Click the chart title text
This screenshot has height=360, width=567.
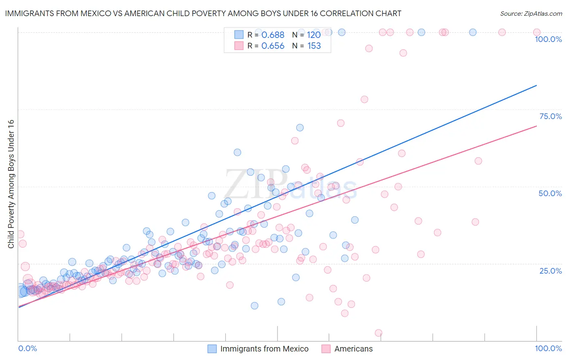(x=203, y=13)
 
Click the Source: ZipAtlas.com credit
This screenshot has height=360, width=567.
(x=531, y=13)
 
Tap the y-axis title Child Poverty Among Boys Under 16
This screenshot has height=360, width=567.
(x=11, y=184)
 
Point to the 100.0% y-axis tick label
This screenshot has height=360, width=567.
(x=548, y=39)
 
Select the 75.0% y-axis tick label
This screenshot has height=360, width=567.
(x=550, y=116)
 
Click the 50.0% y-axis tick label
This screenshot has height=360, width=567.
(x=550, y=193)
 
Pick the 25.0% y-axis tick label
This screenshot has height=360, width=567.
(x=550, y=271)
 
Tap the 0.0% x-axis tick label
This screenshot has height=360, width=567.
(x=27, y=348)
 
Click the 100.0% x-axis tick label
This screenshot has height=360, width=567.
(x=548, y=348)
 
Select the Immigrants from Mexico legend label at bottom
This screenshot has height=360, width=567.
(x=264, y=349)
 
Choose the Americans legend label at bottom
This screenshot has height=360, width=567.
(x=353, y=349)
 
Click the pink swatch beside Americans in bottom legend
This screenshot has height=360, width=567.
(x=326, y=349)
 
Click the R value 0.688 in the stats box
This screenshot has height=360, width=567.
(x=273, y=35)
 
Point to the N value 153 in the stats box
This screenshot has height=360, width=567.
(x=314, y=46)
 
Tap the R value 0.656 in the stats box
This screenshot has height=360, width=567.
(x=273, y=46)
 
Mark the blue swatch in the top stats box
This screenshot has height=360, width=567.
(x=239, y=35)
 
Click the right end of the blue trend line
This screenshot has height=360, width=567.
(x=536, y=86)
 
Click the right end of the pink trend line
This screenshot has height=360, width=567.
(x=536, y=126)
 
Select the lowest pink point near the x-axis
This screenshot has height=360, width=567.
(x=378, y=333)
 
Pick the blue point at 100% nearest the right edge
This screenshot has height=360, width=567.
(x=473, y=32)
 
